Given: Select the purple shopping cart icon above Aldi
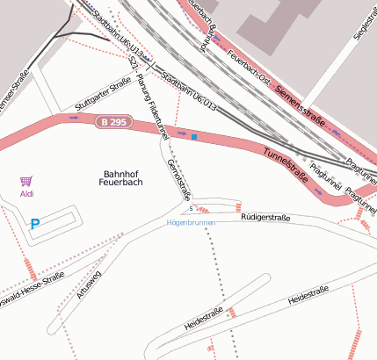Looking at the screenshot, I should pos(26,181).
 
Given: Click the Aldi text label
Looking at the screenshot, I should pos(26,193).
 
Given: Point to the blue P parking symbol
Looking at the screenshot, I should pos(35,225).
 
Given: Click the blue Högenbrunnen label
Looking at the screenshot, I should pos(191,223).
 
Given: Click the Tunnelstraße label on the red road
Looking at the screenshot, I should pos(286,164).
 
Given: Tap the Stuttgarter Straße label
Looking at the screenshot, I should pos(104,90).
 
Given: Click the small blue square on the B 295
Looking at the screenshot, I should pos(193,137).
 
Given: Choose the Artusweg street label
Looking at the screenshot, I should pos(90,285).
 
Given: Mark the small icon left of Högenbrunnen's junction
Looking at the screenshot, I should pos(191,209).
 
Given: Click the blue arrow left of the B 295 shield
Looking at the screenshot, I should pos(74,118).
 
